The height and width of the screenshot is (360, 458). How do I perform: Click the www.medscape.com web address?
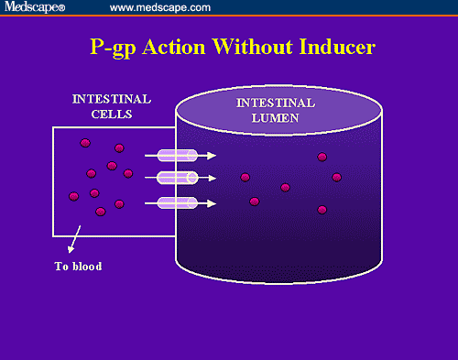coord(160,8)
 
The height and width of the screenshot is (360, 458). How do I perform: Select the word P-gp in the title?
coord(115,47)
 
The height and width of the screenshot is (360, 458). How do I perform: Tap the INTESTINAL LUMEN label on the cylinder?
coord(276,109)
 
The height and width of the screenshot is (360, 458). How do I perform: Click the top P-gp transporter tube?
coord(177,156)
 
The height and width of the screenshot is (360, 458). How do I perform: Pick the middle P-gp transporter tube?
coord(177,178)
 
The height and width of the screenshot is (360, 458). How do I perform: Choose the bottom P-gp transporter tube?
coord(177,202)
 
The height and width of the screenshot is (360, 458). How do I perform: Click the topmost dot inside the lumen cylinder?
coord(322,157)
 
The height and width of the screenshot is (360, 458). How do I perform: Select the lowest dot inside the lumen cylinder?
coord(322,210)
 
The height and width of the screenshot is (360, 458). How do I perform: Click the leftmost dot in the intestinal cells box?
coord(73,196)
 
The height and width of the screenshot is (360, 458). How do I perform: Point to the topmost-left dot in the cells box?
coord(84,143)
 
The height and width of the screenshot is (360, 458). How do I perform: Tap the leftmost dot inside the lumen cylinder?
coord(245,178)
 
